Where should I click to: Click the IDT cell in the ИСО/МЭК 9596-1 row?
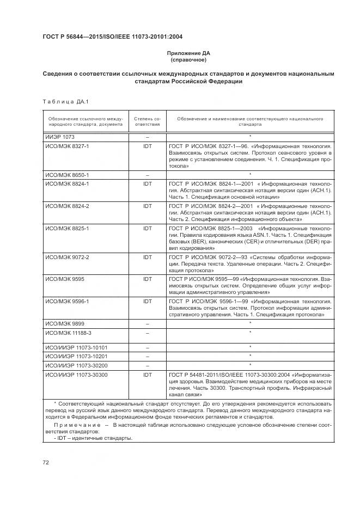tap(148, 301)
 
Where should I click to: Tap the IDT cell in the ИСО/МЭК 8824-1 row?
tap(148, 183)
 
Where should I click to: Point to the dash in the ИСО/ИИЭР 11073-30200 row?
tap(148, 365)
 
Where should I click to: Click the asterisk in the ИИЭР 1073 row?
tap(249, 137)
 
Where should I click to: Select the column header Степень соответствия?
tap(148, 121)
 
